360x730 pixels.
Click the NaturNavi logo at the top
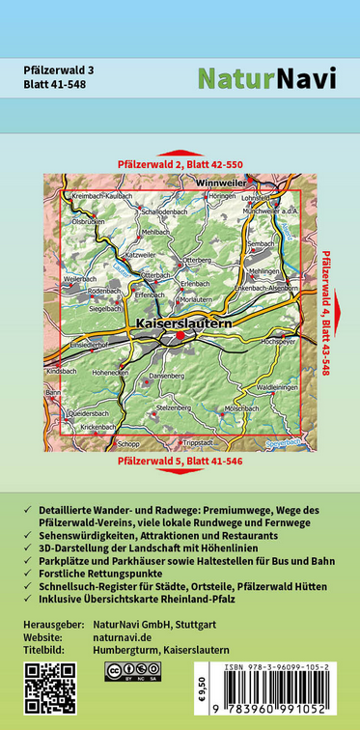coord(267,78)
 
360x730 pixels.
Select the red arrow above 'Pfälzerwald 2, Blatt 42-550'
coord(180,153)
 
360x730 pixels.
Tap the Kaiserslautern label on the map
coord(184,323)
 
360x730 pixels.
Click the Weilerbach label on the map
coord(80,278)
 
